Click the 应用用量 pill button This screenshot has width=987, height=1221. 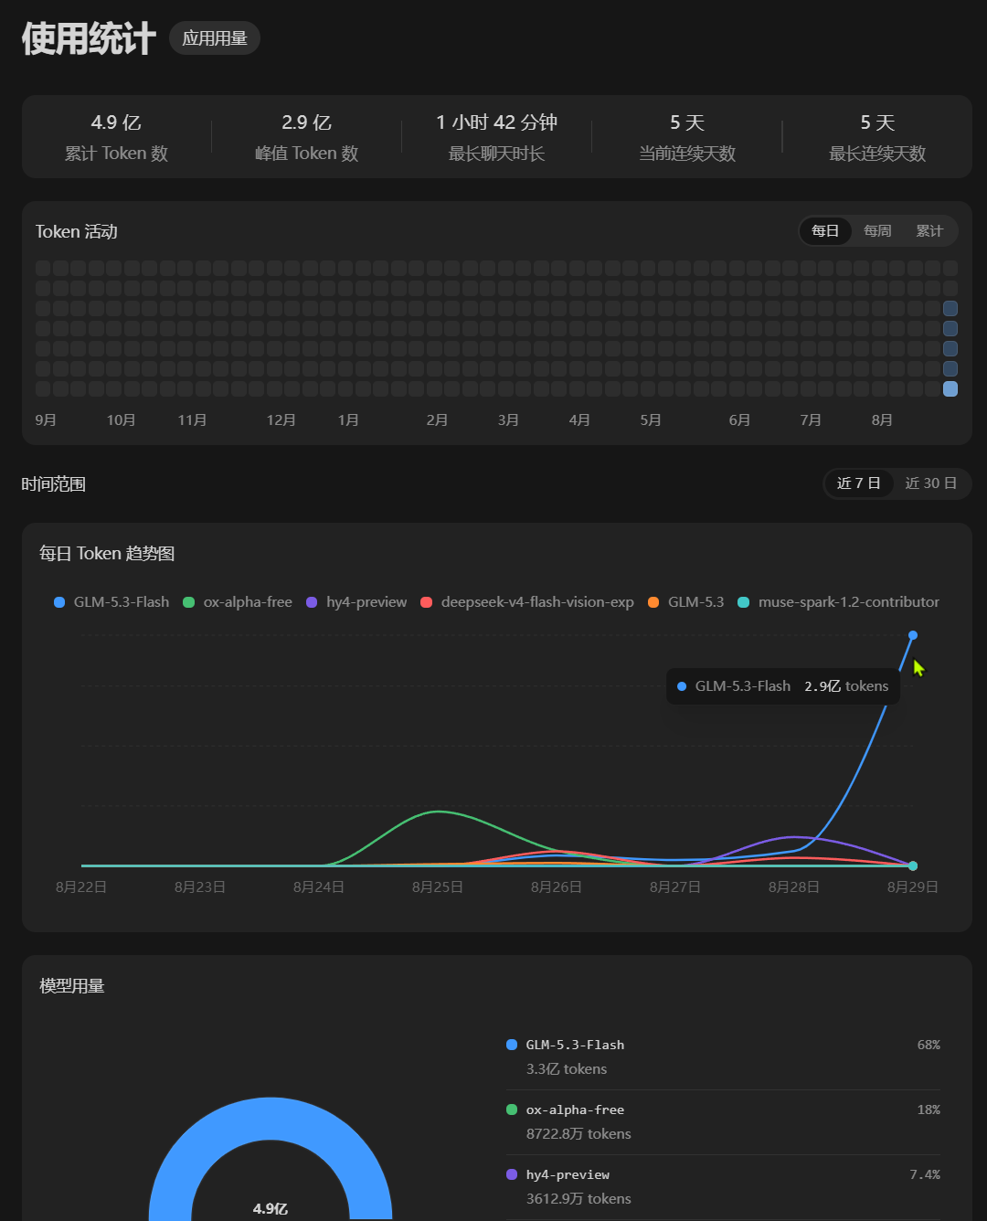215,38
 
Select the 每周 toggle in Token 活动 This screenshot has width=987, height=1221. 877,231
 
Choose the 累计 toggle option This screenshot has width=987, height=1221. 929,231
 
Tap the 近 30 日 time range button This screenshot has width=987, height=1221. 930,483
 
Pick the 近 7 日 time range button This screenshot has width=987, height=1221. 859,483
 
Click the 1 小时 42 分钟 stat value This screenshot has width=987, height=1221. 496,122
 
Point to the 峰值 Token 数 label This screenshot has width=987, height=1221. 307,153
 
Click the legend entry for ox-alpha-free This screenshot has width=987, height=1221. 238,602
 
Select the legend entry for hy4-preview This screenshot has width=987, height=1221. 356,602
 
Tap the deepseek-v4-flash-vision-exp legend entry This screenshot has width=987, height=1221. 527,602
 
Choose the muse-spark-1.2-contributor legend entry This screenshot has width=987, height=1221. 839,602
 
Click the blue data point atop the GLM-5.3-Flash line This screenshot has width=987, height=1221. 912,635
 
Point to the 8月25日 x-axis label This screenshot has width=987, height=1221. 438,887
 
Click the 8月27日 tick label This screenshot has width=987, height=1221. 674,887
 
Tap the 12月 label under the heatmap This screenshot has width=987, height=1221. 281,420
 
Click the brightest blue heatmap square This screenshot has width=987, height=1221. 950,389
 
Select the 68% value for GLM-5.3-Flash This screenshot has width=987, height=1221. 929,1045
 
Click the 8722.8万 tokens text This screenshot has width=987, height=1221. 578,1133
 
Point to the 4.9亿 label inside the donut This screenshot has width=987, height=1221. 270,1208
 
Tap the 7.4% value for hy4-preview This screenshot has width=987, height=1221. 925,1174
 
